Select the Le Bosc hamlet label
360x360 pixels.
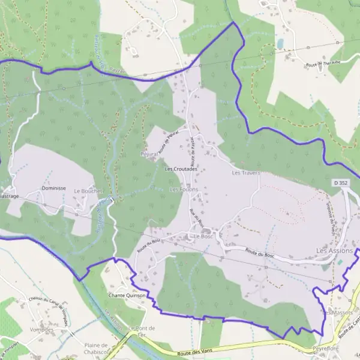[203, 236]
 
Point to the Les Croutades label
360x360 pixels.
[181, 169]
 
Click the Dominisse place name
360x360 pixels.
[53, 188]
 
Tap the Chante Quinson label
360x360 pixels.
[127, 295]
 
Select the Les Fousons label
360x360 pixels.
[184, 190]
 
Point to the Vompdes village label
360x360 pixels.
[41, 329]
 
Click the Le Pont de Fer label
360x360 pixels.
[142, 331]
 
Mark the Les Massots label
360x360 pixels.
[336, 313]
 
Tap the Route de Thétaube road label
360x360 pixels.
[322, 62]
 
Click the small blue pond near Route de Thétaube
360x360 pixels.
[280, 43]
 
